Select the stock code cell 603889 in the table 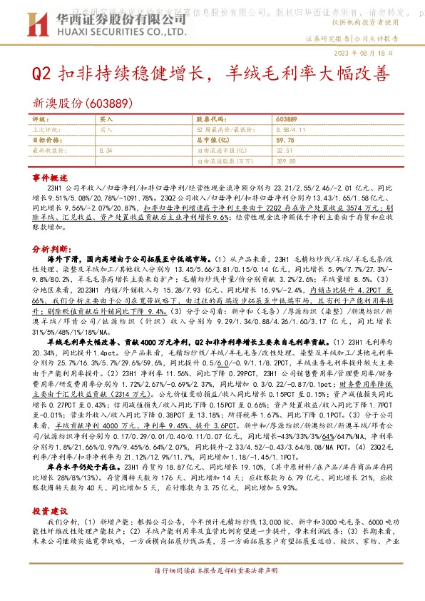click(285, 120)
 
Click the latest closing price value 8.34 click(107, 151)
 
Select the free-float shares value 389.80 click(285, 161)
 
